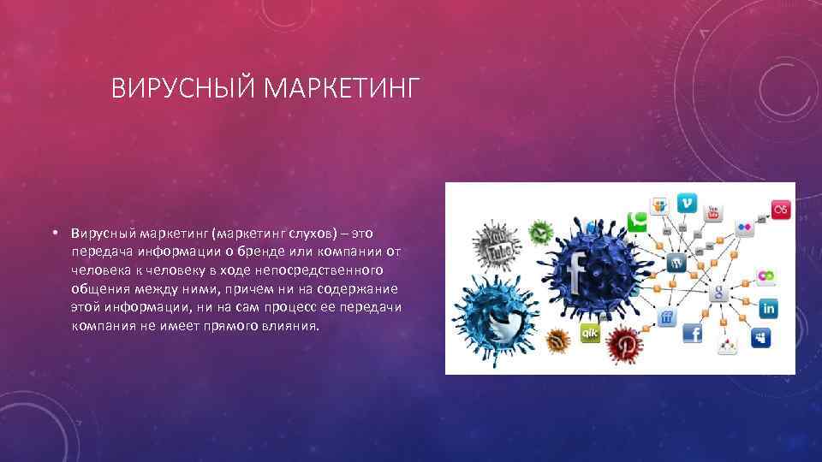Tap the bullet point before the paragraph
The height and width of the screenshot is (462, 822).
coord(53,233)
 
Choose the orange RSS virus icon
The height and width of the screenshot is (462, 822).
coord(557,341)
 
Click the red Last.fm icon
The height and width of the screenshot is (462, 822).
coord(780,209)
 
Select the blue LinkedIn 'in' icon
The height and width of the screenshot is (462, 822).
coord(767,307)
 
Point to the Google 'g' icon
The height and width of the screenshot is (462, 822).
coord(718,293)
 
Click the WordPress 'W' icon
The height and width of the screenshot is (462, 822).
coord(677,263)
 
